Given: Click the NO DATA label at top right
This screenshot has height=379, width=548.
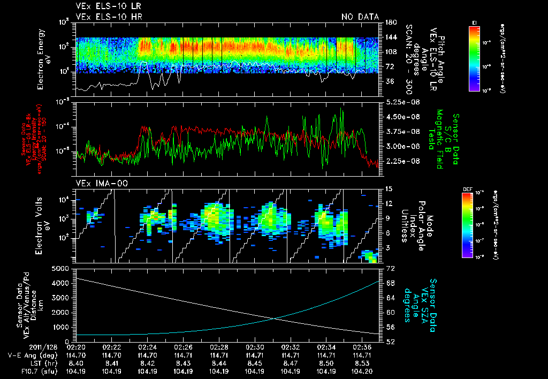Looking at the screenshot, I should click(360, 17).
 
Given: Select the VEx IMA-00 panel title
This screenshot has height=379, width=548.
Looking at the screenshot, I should click(97, 184).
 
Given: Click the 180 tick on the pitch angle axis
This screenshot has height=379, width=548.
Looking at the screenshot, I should click(390, 22).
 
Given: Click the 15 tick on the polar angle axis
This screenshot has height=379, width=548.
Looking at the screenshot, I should click(387, 189).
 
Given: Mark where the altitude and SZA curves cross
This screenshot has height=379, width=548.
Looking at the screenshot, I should click(276, 318).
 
